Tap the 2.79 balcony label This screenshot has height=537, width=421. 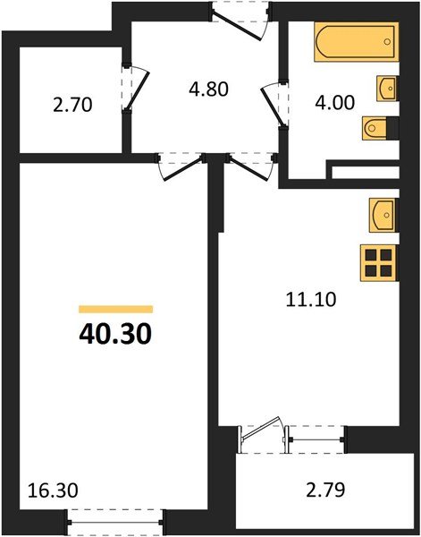click(324, 490)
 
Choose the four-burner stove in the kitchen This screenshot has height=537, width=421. click(379, 262)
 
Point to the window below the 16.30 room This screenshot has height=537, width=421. click(117, 516)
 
